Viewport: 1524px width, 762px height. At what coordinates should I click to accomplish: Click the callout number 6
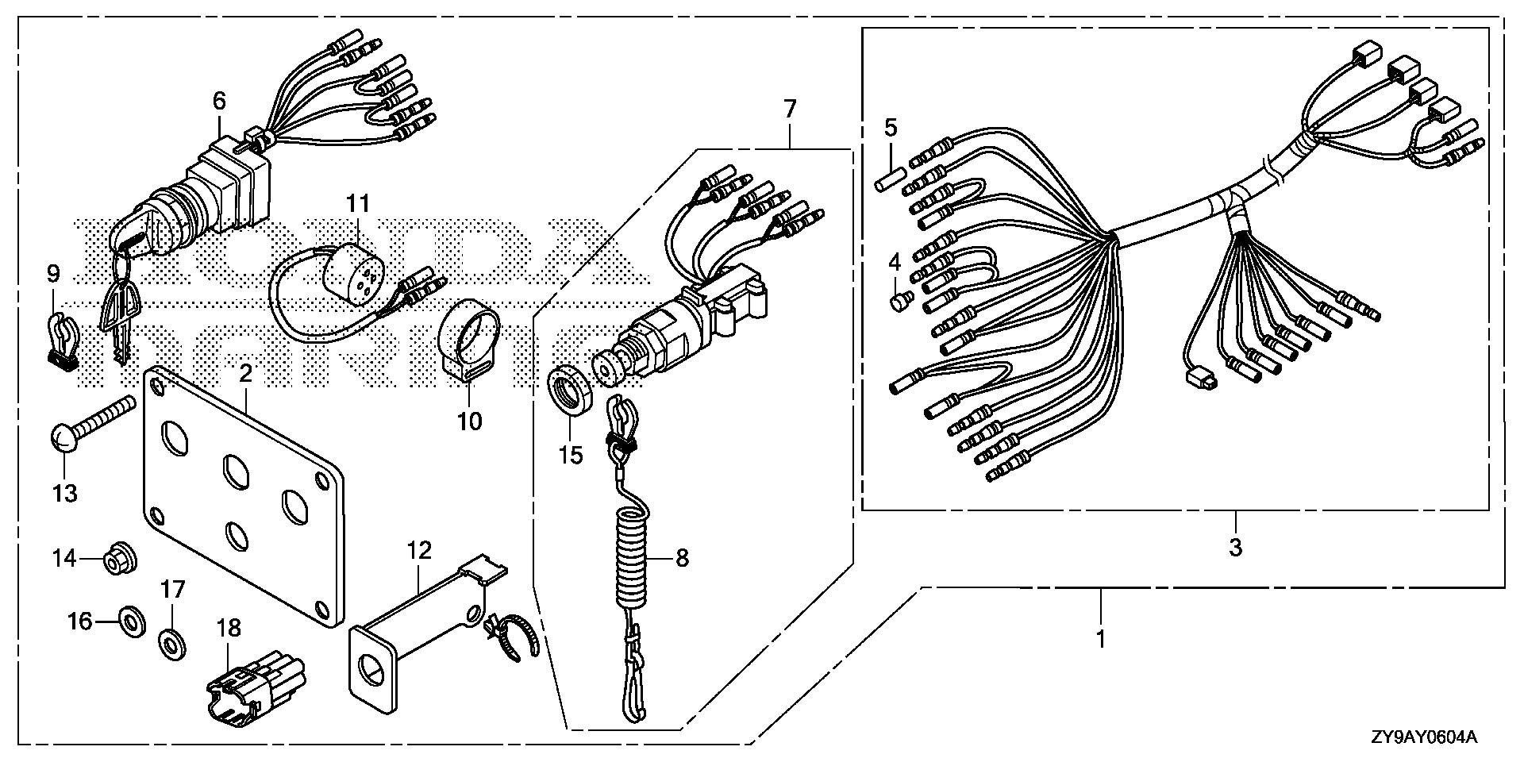pos(219,101)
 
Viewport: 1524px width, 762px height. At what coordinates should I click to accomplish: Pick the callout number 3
pos(1235,547)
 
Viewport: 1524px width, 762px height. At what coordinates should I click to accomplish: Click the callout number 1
pos(1100,638)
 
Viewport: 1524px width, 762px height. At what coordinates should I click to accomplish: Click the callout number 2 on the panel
pos(246,373)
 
